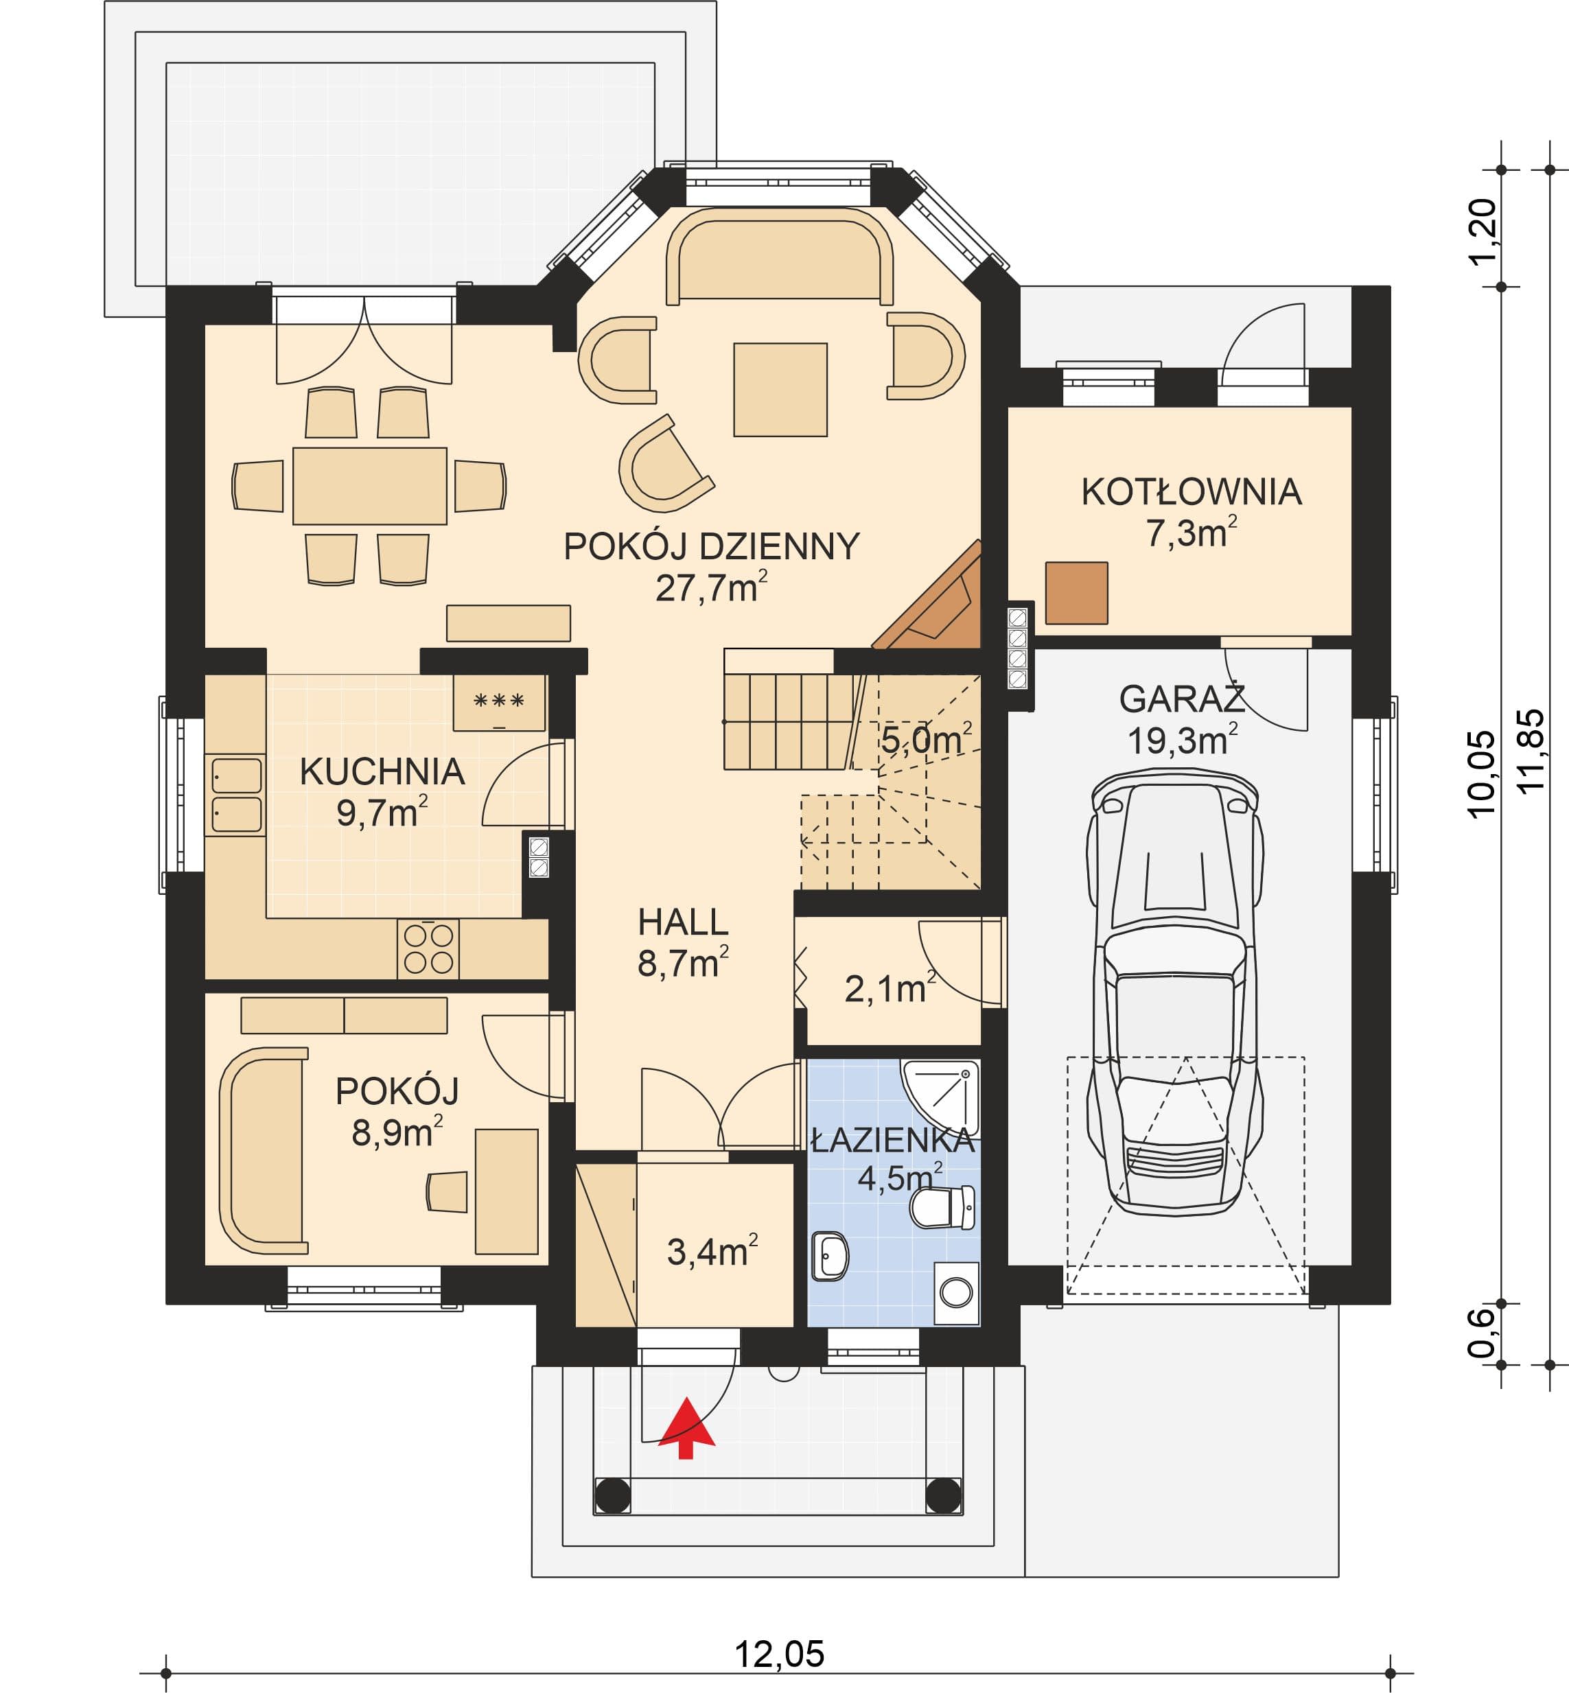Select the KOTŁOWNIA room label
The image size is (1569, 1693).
point(1190,493)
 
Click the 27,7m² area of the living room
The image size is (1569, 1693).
point(712,587)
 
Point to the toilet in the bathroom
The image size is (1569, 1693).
point(942,1206)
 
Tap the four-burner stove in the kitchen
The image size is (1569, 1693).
point(428,948)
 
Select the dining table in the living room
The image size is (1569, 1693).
point(369,486)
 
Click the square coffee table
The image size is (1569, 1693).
point(780,390)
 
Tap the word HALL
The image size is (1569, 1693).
point(683,922)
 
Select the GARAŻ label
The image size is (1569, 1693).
point(1182,699)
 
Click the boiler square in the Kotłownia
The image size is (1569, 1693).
point(1077,593)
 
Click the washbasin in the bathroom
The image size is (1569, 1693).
point(830,1257)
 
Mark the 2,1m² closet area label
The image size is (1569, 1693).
point(890,989)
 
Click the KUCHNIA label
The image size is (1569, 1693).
point(382,772)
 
